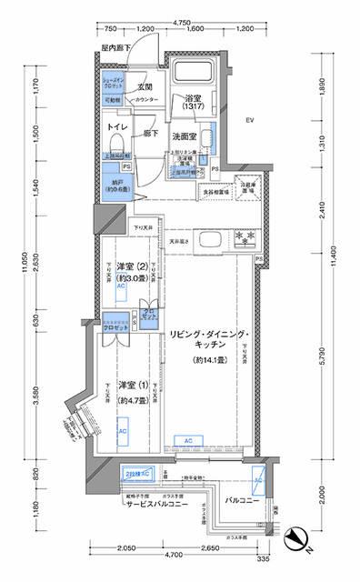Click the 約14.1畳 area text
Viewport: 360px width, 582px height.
[x=208, y=359]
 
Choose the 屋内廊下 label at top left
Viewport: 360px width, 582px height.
[x=115, y=46]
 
